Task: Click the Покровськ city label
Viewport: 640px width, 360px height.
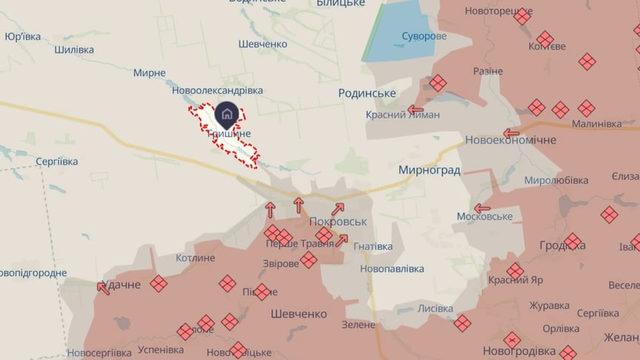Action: [339, 221]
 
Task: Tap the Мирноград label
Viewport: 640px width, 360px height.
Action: [429, 170]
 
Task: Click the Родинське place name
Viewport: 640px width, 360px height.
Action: [367, 93]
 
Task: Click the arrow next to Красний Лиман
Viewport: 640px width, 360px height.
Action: [416, 110]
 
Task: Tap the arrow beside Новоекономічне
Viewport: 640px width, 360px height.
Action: [511, 134]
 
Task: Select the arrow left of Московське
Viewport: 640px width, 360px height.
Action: [482, 208]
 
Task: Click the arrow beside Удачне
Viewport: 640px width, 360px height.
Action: [104, 287]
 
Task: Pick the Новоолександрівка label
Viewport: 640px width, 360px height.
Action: [217, 90]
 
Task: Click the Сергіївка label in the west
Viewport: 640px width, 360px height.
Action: [56, 161]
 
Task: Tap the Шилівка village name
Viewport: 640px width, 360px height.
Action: [74, 50]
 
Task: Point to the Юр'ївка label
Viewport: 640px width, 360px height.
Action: [22, 36]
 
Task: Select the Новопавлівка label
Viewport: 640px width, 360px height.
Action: [392, 268]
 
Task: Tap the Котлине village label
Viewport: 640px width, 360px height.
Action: [196, 258]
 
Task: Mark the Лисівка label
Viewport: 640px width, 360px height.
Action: [436, 308]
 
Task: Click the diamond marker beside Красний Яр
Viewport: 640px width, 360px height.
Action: [516, 271]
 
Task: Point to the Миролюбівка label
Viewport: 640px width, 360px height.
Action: [556, 180]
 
